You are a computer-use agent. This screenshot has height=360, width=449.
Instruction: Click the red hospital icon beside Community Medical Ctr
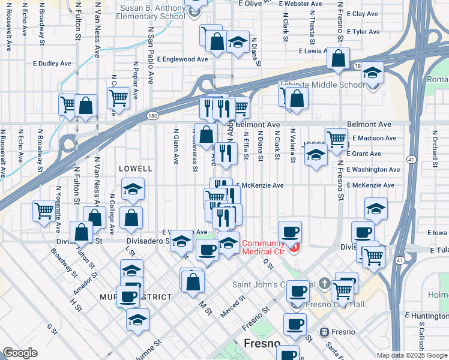tap(294, 247)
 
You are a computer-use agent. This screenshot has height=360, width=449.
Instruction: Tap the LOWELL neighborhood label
tap(136, 169)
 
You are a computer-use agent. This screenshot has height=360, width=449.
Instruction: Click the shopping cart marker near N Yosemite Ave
tap(44, 210)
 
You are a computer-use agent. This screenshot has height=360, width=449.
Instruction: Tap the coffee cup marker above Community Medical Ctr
tap(290, 231)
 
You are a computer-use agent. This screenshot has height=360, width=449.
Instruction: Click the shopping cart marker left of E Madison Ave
tap(336, 139)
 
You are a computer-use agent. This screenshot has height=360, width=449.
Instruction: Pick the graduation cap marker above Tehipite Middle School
tap(372, 72)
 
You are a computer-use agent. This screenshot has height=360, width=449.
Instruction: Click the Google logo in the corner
tap(20, 353)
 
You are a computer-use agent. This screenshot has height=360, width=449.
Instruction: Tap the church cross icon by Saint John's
tap(324, 283)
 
